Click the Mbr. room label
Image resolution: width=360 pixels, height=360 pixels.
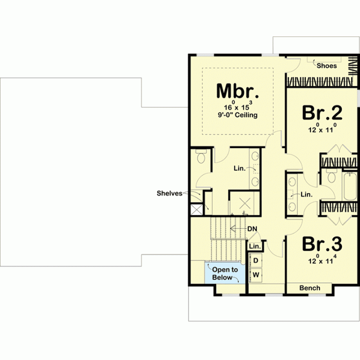(x=237, y=91)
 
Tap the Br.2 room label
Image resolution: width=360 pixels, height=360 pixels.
(x=322, y=112)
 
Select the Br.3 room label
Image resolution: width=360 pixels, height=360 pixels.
(x=322, y=244)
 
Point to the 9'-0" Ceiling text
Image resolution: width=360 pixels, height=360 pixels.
(x=237, y=115)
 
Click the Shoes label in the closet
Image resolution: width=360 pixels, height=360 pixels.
(x=326, y=65)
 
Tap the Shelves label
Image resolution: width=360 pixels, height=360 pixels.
(x=169, y=193)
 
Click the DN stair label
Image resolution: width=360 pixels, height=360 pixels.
(x=252, y=229)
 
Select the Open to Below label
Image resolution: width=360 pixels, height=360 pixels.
(x=225, y=273)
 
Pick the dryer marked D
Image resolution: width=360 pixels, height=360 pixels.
(x=255, y=260)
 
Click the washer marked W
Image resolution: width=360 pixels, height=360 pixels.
(x=256, y=274)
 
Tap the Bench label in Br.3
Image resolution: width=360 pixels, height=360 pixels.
(x=309, y=288)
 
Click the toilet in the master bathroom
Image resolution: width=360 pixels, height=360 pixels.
(x=201, y=156)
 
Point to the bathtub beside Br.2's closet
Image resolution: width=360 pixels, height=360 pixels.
(x=349, y=186)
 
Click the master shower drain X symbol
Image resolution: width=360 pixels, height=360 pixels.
(x=244, y=203)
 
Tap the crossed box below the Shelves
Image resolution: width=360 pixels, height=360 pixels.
(x=197, y=209)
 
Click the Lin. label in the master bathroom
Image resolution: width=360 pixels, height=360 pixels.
(x=239, y=168)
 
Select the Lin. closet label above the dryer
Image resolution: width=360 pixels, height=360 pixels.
(x=255, y=246)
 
